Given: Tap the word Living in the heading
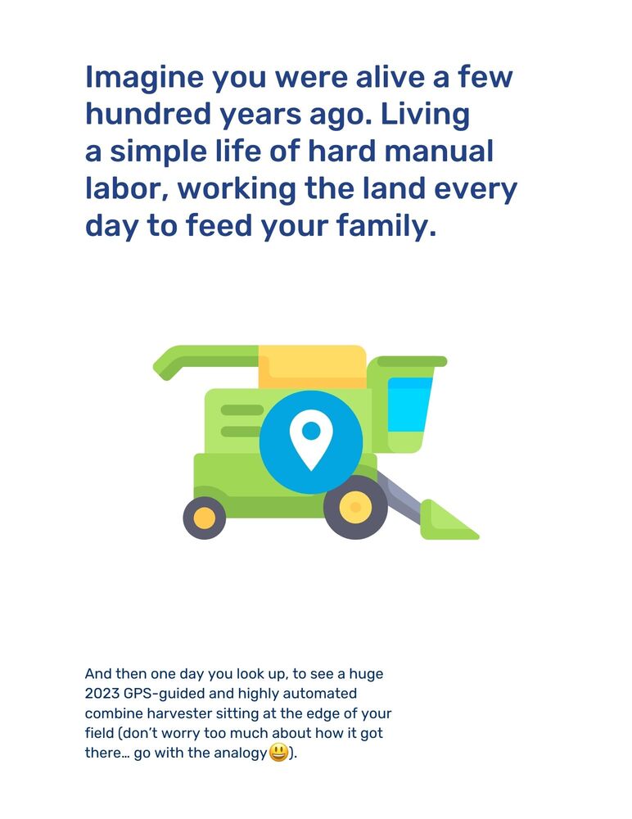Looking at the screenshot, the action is pyautogui.click(x=425, y=115).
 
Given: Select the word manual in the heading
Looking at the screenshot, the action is pyautogui.click(x=439, y=152).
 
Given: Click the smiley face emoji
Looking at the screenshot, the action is pyautogui.click(x=278, y=753).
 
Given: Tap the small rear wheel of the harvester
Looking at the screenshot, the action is pyautogui.click(x=204, y=518).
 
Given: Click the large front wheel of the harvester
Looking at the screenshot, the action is pyautogui.click(x=355, y=507).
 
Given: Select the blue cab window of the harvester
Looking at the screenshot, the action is pyautogui.click(x=409, y=405).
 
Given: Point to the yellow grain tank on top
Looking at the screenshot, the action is pyautogui.click(x=313, y=367).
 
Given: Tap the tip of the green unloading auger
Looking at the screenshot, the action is pyautogui.click(x=158, y=368).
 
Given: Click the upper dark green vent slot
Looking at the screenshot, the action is pyautogui.click(x=242, y=410).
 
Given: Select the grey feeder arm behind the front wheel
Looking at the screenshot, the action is pyautogui.click(x=400, y=496).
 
